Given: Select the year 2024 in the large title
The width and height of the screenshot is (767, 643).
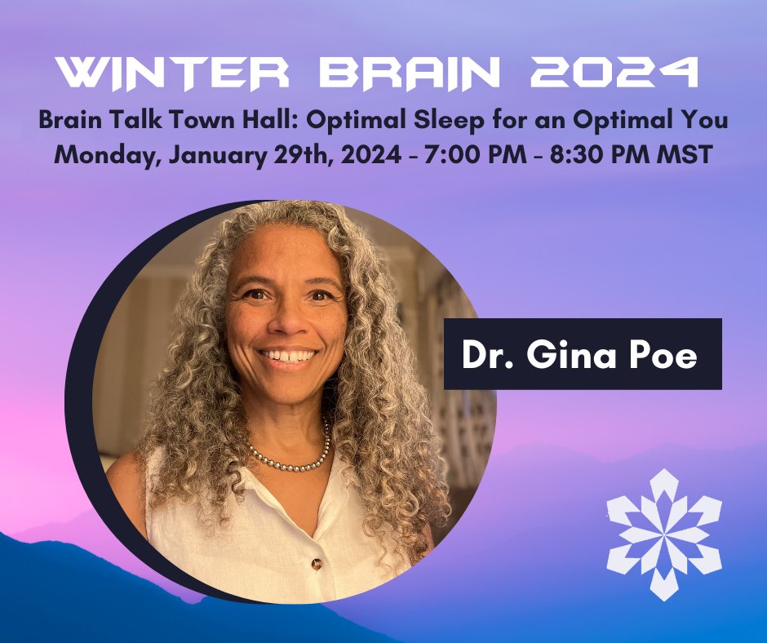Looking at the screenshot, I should [x=614, y=74].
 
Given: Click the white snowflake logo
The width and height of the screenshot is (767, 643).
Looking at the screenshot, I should [x=663, y=534].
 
